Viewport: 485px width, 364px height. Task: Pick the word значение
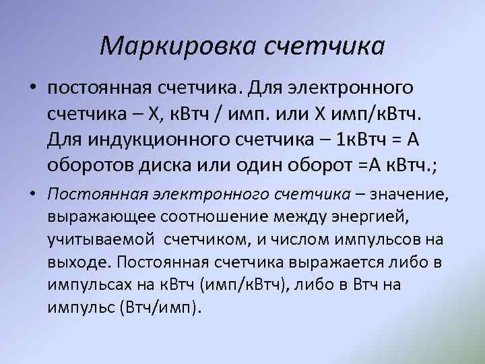[410, 195]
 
